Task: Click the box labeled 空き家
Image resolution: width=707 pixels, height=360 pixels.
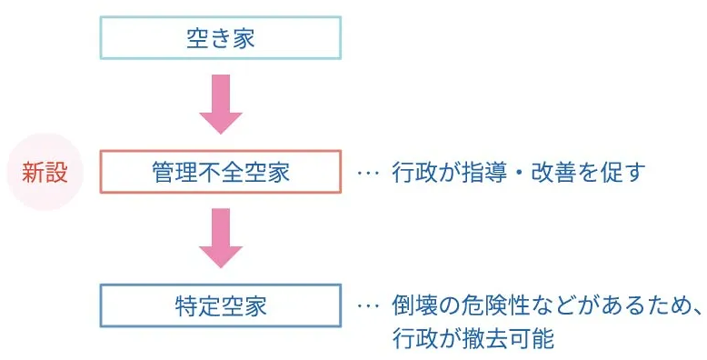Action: pyautogui.click(x=220, y=38)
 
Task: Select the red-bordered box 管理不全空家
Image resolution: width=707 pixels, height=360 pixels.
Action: pyautogui.click(x=220, y=172)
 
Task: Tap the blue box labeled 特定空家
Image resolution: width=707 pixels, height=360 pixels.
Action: pyautogui.click(x=220, y=306)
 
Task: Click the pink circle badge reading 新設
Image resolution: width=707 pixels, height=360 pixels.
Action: pyautogui.click(x=45, y=172)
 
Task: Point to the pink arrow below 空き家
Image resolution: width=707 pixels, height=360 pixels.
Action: pyautogui.click(x=220, y=105)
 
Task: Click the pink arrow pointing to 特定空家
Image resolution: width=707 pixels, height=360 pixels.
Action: pyautogui.click(x=220, y=239)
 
